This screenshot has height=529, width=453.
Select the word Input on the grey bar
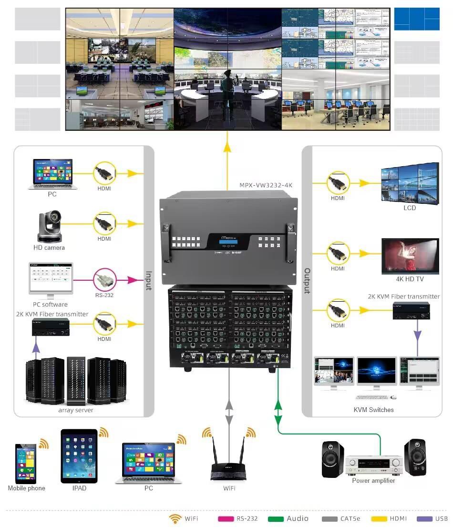[149, 281]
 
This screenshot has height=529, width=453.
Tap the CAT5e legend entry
[343, 519]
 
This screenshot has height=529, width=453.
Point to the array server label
[76, 410]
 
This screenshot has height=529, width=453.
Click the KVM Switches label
[374, 410]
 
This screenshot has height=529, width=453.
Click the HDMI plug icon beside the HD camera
[104, 223]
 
